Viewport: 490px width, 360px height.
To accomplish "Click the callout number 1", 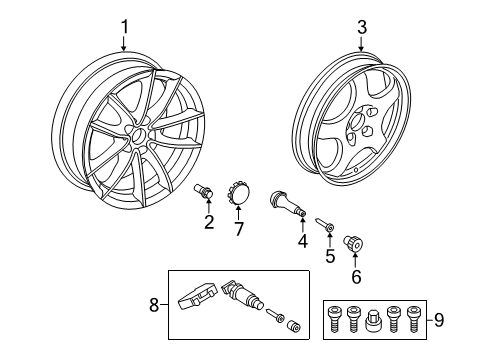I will [124, 26].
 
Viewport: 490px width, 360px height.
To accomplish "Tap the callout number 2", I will [209, 222].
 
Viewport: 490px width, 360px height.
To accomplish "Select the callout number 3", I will [364, 26].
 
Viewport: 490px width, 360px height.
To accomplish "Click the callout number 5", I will [330, 255].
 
